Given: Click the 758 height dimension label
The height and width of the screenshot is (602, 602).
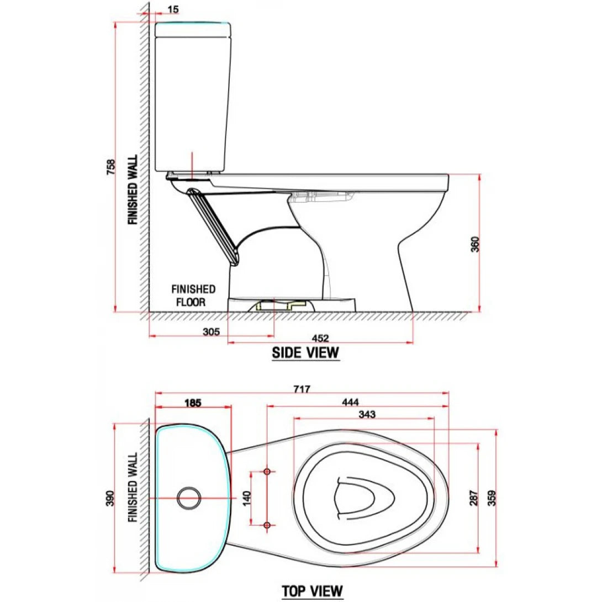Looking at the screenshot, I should click(111, 168).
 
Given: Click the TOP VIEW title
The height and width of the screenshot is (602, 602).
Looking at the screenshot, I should click(312, 591).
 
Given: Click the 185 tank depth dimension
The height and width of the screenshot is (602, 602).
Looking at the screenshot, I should click(192, 403).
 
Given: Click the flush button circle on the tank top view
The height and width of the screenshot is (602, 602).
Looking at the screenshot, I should click(189, 497).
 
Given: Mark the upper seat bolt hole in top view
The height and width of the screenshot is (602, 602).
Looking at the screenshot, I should click(267, 472).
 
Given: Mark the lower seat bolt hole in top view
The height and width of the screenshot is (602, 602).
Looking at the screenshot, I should click(267, 524).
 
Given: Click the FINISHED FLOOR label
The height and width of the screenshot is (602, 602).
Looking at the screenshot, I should click(193, 295).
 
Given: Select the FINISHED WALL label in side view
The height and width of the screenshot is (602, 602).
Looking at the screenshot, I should click(133, 189).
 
